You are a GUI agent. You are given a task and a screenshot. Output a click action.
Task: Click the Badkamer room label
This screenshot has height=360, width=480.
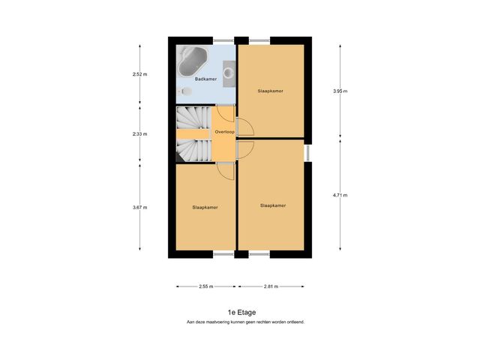pos(205,79)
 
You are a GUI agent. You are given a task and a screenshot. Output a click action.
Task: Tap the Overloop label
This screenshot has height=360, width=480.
pos(224,131)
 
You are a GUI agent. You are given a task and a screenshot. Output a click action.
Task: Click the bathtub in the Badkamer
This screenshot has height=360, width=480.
pos(195,61)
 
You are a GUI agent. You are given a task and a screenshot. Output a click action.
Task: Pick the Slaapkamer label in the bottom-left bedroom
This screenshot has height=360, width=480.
pos(205,207)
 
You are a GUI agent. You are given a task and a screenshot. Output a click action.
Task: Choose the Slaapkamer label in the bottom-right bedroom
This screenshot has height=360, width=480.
pos(272,205)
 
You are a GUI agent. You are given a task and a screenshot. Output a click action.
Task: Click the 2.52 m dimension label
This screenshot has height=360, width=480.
pos(139,75)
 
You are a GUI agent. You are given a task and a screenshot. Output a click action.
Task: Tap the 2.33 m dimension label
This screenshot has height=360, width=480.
pos(139,134)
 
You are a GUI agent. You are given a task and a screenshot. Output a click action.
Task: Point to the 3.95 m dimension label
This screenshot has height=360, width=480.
pos(340,91)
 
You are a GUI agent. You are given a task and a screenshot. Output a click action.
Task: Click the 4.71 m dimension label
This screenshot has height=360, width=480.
pos(340,195)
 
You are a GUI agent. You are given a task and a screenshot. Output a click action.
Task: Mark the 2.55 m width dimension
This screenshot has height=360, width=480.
pos(205,286)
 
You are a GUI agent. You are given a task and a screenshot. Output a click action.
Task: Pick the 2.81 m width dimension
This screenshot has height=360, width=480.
pos(271,286)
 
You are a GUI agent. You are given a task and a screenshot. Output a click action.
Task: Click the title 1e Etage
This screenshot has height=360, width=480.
pos(241,312)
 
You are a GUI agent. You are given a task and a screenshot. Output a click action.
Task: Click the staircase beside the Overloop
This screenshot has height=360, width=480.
pos(193,134)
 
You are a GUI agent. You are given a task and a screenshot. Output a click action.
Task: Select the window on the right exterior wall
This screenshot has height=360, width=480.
pos(308,151)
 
